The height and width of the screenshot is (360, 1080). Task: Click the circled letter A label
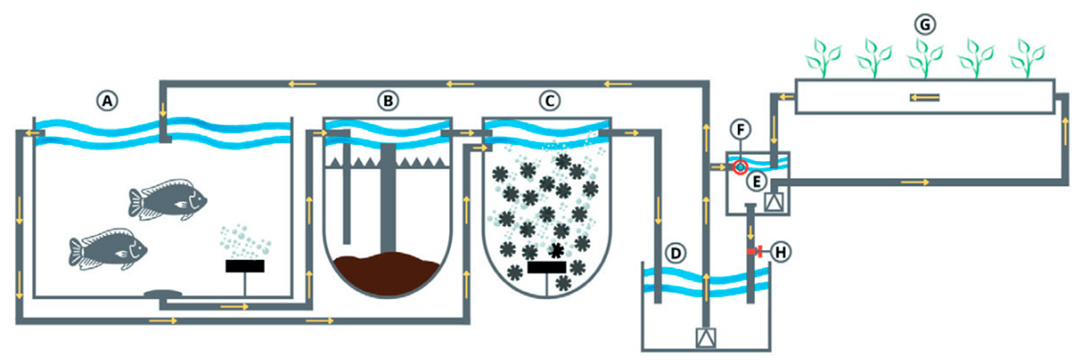(x=108, y=101)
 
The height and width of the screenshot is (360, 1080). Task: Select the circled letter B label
(x=387, y=101)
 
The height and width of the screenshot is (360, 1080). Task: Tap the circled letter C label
(x=546, y=101)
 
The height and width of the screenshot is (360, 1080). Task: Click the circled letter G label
(x=924, y=23)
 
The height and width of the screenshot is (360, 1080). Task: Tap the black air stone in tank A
(x=245, y=266)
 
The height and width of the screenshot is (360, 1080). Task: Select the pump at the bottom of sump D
(x=706, y=338)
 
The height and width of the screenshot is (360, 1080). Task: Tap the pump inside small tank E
(x=771, y=201)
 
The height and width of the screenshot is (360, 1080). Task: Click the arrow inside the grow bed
(x=924, y=97)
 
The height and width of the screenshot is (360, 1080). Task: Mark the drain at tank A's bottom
(x=161, y=294)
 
